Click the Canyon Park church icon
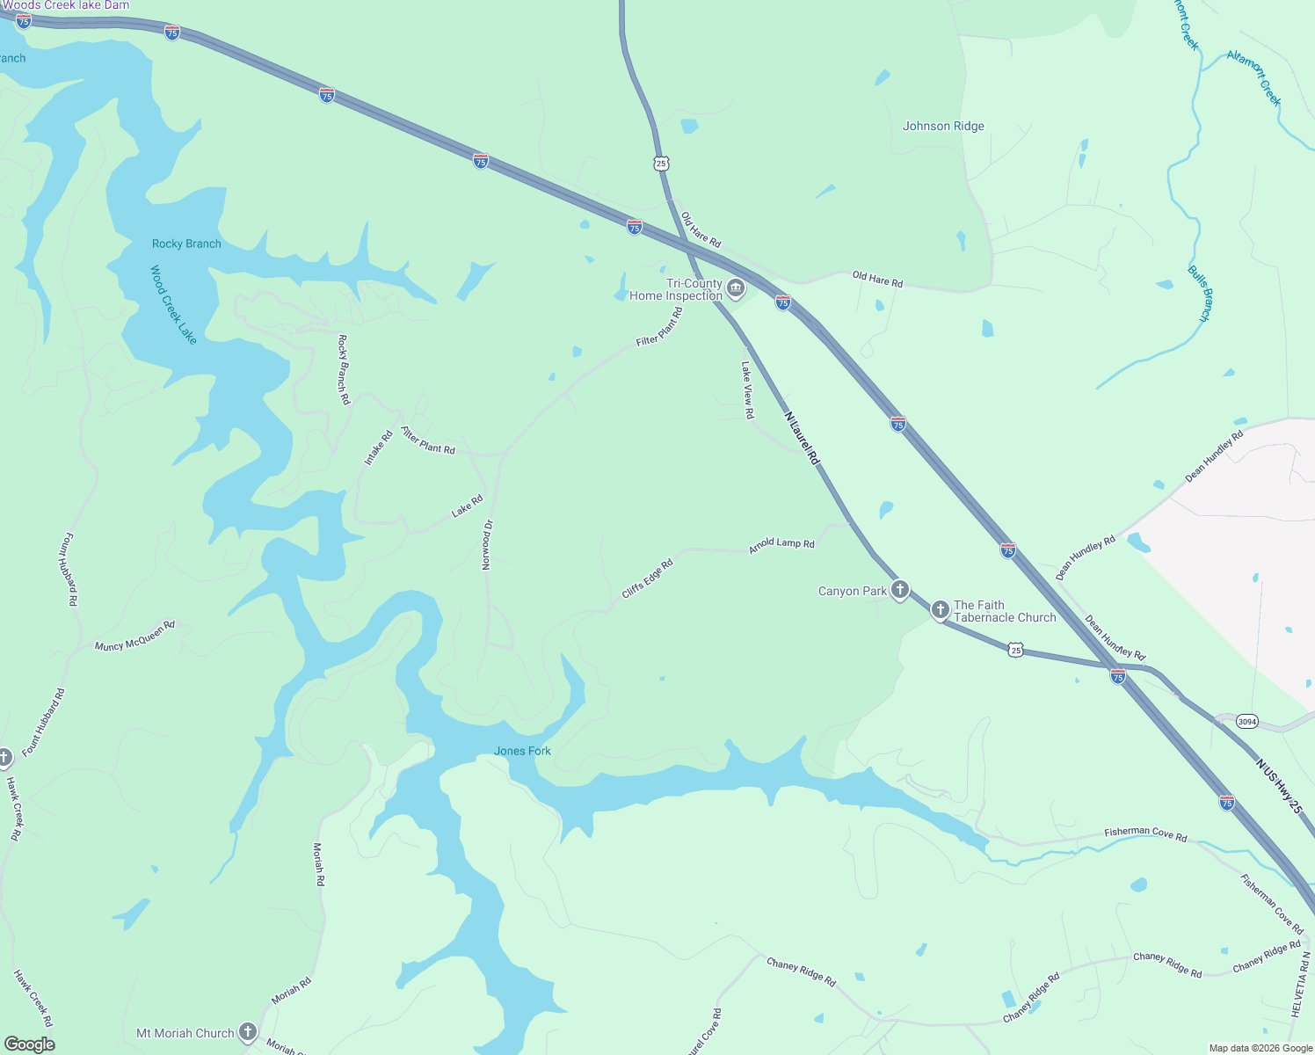click(x=899, y=589)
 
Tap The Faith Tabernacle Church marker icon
click(x=940, y=609)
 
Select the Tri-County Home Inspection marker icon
click(x=736, y=288)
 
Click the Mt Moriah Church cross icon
click(x=248, y=1032)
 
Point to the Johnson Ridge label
click(x=943, y=126)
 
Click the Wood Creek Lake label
click(x=173, y=304)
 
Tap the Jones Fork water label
click(x=522, y=751)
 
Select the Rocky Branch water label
click(x=186, y=244)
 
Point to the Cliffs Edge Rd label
click(x=647, y=578)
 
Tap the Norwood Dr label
click(x=487, y=544)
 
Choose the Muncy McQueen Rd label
click(x=134, y=636)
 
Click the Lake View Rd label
click(x=747, y=389)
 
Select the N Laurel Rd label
click(x=802, y=438)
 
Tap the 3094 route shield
click(x=1246, y=722)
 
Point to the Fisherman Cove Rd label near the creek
click(x=1145, y=833)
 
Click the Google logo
click(x=30, y=1044)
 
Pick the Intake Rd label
click(x=378, y=447)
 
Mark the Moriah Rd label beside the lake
click(x=318, y=864)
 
